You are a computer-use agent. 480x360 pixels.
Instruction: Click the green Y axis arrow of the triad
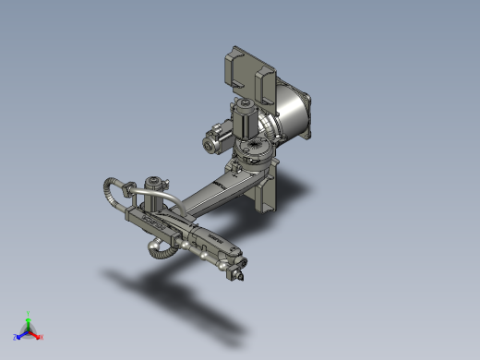click(29, 316)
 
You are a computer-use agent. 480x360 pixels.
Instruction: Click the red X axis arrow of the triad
click(39, 336)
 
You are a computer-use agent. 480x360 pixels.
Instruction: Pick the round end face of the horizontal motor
click(211, 142)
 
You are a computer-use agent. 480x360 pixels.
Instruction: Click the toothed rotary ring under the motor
click(252, 151)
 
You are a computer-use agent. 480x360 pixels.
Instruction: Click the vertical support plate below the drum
click(268, 195)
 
